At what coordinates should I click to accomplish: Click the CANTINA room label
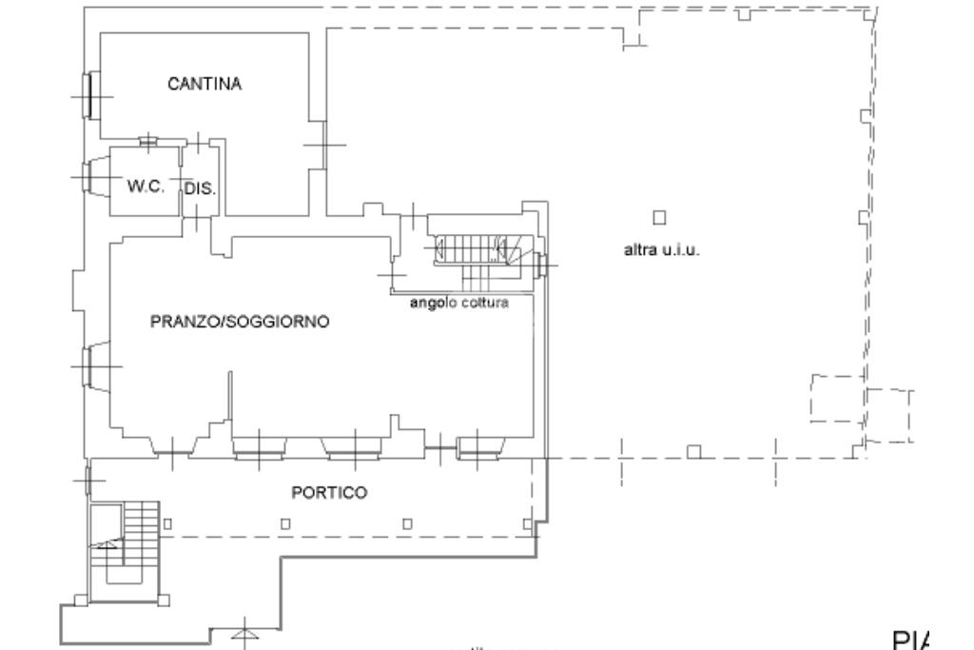(205, 84)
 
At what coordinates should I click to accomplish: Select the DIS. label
(200, 189)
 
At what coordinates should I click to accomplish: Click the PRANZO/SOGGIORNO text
(240, 322)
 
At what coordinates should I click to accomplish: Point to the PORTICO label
(328, 493)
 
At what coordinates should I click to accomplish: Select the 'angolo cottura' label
(458, 304)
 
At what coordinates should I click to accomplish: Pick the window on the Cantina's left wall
(87, 96)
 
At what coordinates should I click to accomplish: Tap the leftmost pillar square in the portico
(166, 522)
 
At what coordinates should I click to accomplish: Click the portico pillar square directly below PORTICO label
(285, 522)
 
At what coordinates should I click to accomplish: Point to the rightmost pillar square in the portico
(526, 522)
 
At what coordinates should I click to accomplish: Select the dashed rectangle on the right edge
(837, 398)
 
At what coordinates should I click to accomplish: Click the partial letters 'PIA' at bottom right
(913, 638)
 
